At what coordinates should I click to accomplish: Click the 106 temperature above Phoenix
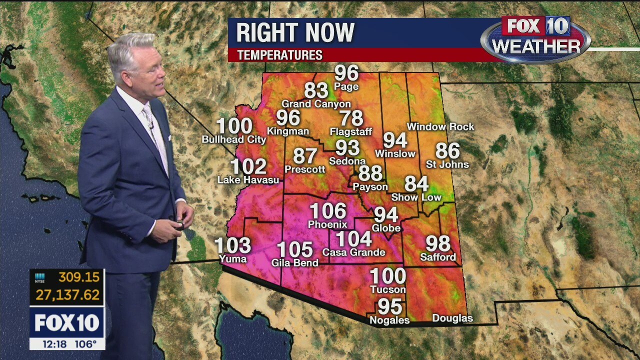[x=328, y=211]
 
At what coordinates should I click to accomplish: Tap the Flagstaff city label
[x=351, y=132]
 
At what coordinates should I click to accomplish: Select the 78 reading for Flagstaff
[x=351, y=118]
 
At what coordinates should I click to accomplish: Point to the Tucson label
[x=388, y=289]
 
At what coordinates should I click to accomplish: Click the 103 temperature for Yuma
[x=233, y=245]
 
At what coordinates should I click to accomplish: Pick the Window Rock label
[x=440, y=127]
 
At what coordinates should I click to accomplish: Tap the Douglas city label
[x=452, y=318]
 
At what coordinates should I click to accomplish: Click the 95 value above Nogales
[x=390, y=306]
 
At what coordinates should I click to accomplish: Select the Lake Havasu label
[x=248, y=180]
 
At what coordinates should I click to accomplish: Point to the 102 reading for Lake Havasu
[x=248, y=166]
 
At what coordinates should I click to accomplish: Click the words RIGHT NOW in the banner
[x=295, y=33]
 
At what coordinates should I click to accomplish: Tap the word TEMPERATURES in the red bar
[x=279, y=55]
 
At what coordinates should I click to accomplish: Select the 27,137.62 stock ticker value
[x=67, y=295]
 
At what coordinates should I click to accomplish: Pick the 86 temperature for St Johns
[x=447, y=150]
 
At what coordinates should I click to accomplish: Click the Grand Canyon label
[x=316, y=104]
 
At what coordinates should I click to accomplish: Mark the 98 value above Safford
[x=438, y=243]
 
